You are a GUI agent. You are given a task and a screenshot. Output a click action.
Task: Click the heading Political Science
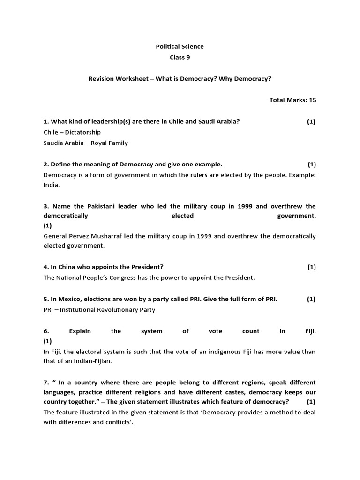(180, 46)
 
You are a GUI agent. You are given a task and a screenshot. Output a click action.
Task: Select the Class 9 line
(180, 58)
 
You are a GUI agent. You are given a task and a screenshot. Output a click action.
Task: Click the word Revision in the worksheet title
(102, 79)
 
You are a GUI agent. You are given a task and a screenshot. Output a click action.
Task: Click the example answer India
(51, 185)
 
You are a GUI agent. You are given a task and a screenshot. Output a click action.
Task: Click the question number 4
(46, 267)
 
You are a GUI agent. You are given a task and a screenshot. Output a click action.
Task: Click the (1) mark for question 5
(311, 299)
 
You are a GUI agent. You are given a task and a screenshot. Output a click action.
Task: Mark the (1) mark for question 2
(312, 164)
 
